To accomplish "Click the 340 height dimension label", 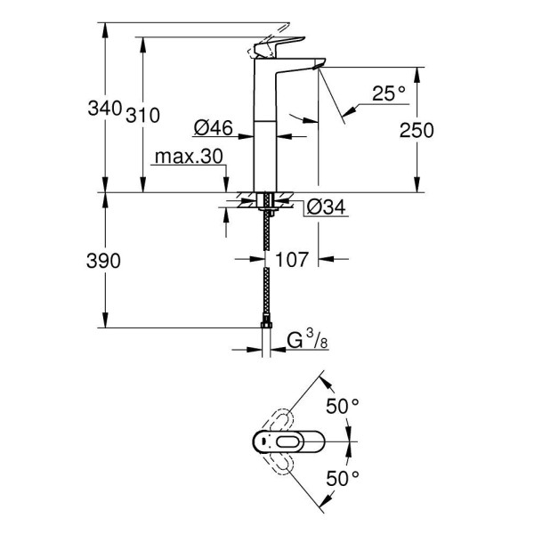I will coord(105,109).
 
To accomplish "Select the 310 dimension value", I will coord(142,115).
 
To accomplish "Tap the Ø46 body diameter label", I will coord(214,128).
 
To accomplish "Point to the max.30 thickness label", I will coord(187,157).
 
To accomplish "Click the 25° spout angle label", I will coord(389,93).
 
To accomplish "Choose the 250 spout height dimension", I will coord(417,130).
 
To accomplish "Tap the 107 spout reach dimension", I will coord(292,260).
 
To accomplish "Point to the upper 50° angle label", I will coord(342,406).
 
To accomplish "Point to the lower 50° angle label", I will coord(342,477).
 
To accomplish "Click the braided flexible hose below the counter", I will coord(267,267).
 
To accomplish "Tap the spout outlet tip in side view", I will coord(319,66).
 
